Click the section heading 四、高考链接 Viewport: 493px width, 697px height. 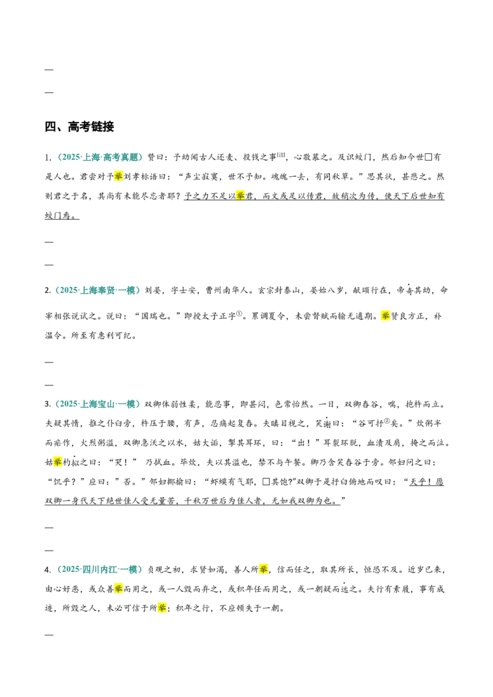click(x=79, y=127)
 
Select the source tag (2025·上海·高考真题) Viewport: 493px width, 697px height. click(x=100, y=158)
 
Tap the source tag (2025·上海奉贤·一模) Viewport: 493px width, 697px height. click(x=97, y=290)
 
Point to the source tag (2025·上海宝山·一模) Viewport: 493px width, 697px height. click(x=97, y=404)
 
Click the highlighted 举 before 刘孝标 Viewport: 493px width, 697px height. click(x=118, y=177)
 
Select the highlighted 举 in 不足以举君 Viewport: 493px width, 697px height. click(x=240, y=196)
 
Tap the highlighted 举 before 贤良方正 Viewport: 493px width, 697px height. click(x=385, y=316)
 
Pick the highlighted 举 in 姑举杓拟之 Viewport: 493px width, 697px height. click(x=58, y=462)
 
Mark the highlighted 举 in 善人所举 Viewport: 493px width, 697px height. click(x=263, y=570)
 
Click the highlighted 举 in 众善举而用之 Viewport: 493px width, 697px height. click(x=118, y=589)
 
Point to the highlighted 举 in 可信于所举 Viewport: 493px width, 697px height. click(x=162, y=608)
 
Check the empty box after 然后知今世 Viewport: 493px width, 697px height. click(x=428, y=158)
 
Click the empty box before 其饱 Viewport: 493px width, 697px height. click(x=266, y=482)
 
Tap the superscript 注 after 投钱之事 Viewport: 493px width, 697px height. click(x=281, y=155)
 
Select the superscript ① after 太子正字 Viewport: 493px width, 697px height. click(x=239, y=313)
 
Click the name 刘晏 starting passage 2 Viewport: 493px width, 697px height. click(x=153, y=291)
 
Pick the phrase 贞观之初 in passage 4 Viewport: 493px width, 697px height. click(x=165, y=570)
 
